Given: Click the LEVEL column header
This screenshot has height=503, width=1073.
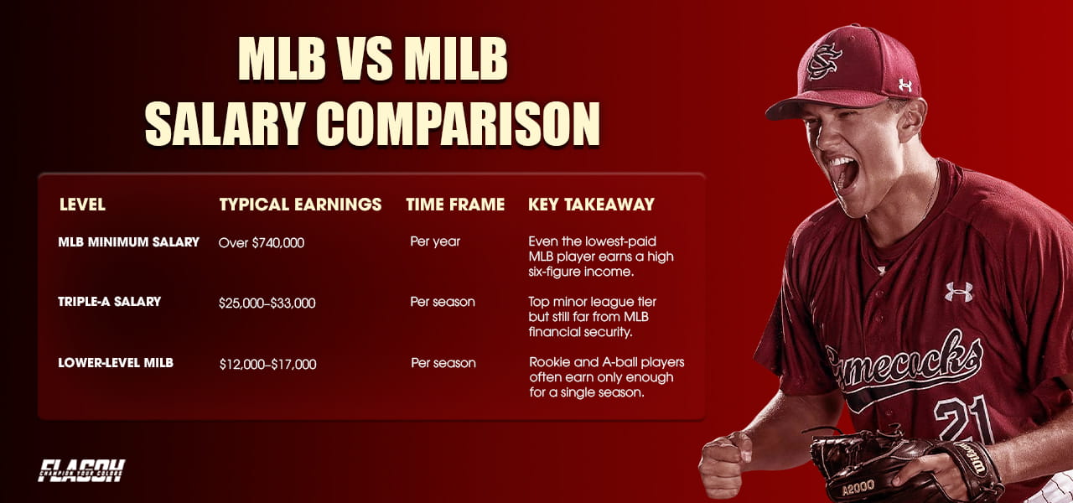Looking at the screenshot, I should coord(82,205).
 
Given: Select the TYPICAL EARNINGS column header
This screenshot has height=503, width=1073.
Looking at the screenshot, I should coord(300,205).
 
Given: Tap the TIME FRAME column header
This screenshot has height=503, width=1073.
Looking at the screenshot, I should coord(455,205).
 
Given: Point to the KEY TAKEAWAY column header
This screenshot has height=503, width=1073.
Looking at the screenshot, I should coord(591,205).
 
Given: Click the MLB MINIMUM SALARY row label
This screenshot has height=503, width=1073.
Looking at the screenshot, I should coord(128,242).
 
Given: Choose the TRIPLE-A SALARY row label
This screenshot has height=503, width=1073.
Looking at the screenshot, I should coord(109,302).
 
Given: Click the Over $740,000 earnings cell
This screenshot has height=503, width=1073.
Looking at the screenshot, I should coord(262,243).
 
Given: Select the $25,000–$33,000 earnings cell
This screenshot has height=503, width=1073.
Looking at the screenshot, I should coord(267,303).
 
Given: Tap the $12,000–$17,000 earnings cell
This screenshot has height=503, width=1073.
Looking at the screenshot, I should coord(267,364).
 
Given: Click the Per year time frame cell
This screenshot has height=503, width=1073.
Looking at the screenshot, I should coord(435,242).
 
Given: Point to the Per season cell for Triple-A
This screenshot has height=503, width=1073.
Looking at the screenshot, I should coord(443,302).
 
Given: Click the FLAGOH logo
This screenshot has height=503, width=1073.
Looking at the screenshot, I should coord(81,470).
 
